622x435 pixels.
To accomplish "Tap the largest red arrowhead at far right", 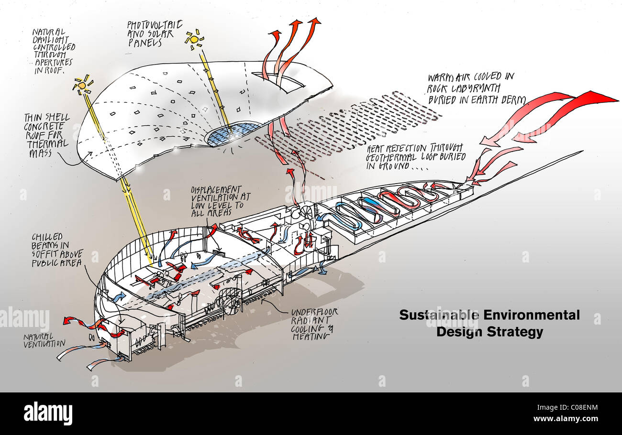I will click(600, 98).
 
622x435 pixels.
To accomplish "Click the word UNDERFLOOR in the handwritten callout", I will click(314, 312).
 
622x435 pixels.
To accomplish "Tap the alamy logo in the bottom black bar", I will click(48, 413).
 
